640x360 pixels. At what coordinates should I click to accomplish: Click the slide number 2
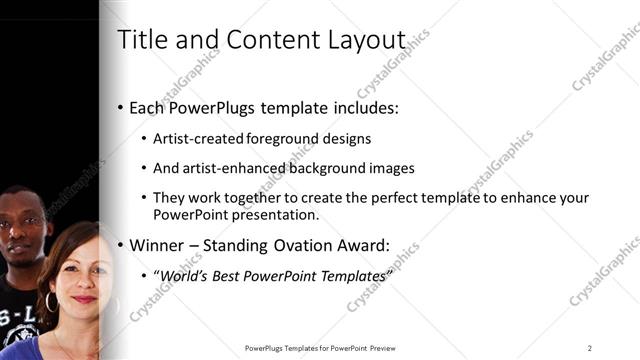point(590,348)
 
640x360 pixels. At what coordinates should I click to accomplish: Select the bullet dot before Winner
point(121,245)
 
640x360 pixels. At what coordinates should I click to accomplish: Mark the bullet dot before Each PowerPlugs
point(121,107)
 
